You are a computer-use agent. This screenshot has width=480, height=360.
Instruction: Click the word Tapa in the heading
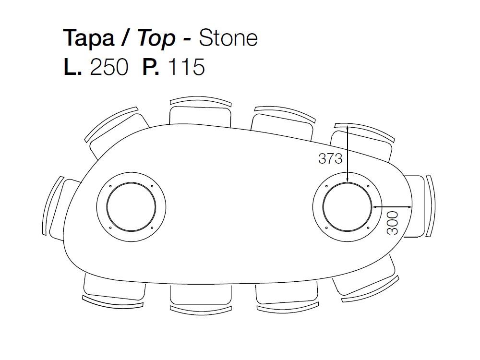point(89,38)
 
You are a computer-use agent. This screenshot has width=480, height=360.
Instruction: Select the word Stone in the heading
point(228,38)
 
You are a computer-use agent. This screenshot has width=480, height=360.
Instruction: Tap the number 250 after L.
point(109,67)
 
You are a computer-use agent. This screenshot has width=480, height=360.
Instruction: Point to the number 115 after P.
point(186,67)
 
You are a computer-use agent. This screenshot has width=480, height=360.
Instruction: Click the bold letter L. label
point(72,67)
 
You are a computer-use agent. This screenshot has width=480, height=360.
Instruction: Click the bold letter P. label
point(151,67)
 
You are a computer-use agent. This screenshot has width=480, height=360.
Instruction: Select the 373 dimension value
point(330,158)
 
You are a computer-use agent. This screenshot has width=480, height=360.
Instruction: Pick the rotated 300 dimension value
point(393,223)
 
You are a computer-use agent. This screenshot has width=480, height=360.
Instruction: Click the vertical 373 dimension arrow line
point(348,154)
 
